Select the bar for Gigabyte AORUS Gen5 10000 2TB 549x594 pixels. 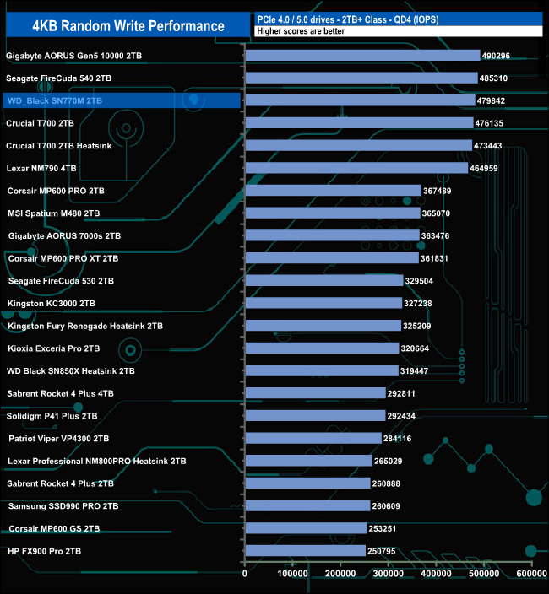(x=362, y=56)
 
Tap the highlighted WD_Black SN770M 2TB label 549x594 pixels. (x=54, y=101)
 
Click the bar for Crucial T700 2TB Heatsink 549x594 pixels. (x=358, y=145)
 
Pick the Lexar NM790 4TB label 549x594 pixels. (x=41, y=168)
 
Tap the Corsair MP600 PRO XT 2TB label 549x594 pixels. (x=63, y=258)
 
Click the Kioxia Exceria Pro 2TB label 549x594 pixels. (x=54, y=348)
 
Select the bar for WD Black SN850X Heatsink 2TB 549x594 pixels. (x=321, y=370)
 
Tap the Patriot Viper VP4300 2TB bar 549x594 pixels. (x=313, y=439)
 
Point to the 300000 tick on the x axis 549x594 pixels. (x=388, y=575)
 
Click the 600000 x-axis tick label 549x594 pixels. (x=530, y=575)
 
